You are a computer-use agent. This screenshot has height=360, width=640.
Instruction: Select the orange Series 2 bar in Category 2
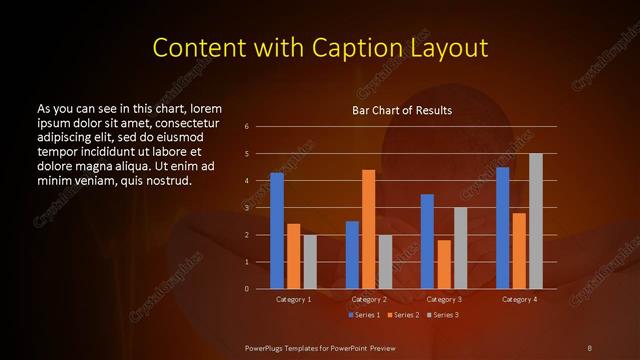click(x=368, y=229)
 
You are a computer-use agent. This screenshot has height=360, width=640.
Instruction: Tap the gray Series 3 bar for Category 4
click(x=535, y=221)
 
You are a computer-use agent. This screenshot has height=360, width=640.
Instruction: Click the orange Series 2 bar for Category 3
click(x=443, y=264)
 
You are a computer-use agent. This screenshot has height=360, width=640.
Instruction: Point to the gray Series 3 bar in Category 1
click(x=310, y=261)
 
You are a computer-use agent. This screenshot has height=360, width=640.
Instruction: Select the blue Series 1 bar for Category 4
click(x=502, y=227)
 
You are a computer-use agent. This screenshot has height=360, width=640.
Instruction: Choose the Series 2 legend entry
click(x=402, y=315)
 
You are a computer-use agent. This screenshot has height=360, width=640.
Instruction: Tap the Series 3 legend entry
click(x=443, y=315)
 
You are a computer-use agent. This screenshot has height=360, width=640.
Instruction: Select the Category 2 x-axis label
click(x=369, y=299)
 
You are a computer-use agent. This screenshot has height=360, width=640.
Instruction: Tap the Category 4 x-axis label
click(x=519, y=299)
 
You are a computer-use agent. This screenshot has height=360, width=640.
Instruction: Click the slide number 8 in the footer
click(x=589, y=346)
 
